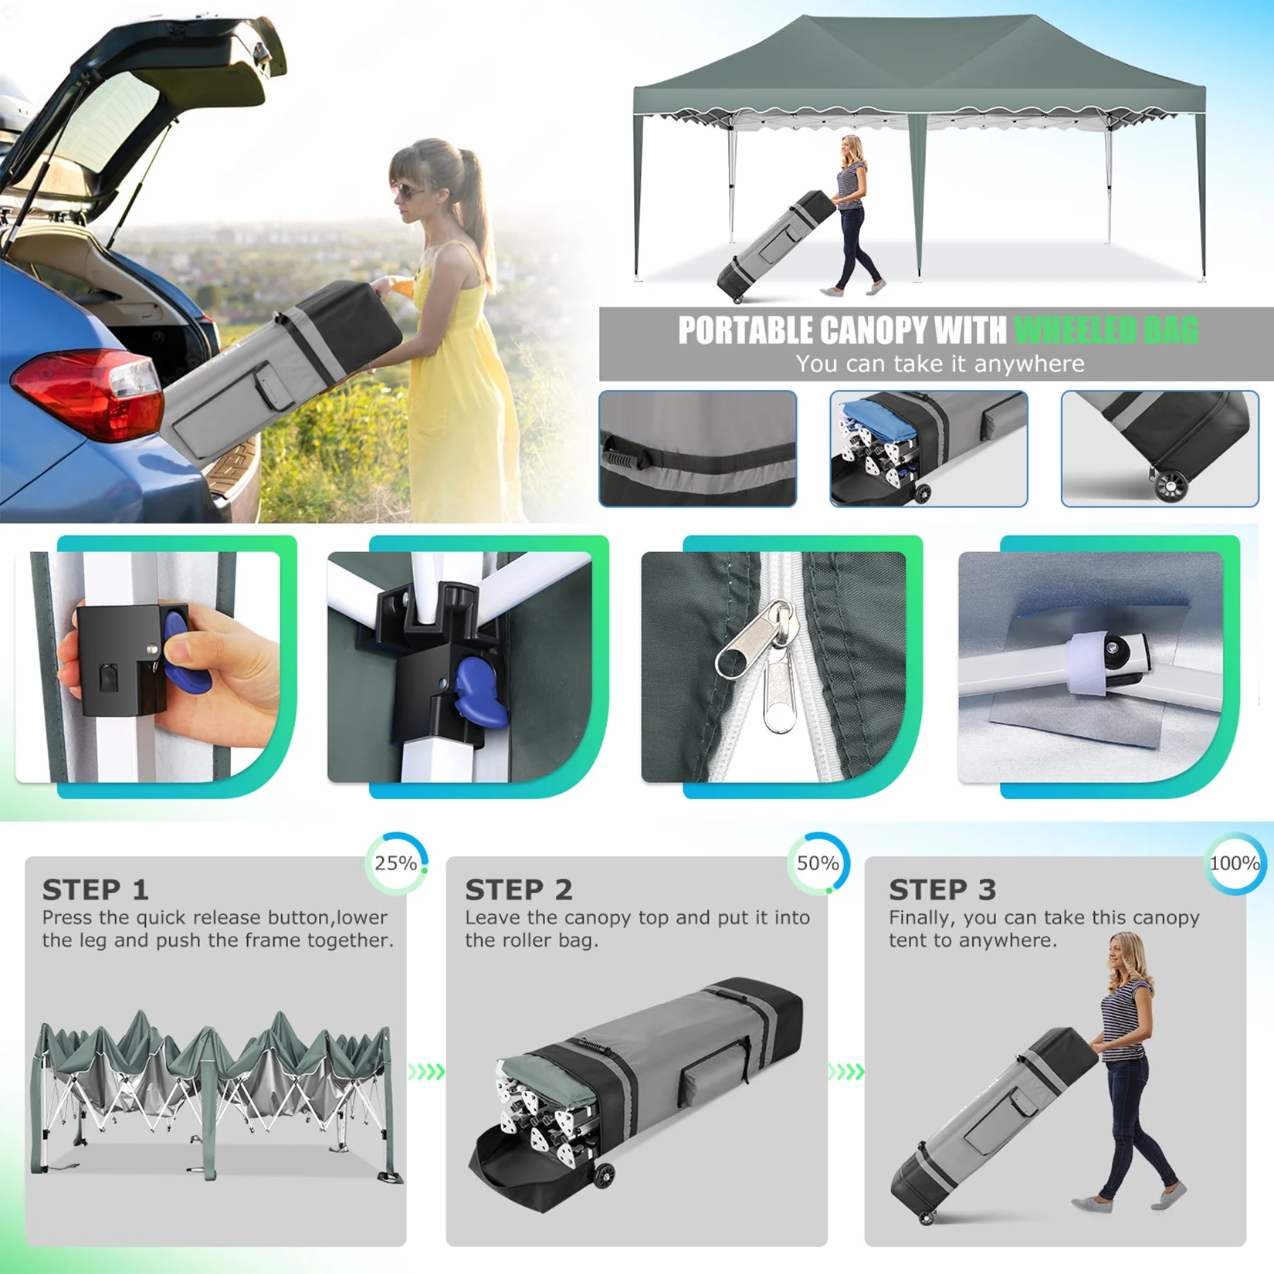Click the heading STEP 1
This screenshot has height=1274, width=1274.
tap(95, 889)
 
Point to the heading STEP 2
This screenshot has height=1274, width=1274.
tap(518, 889)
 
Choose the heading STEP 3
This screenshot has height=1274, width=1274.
tap(942, 889)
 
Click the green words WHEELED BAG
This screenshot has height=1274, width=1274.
tap(1106, 330)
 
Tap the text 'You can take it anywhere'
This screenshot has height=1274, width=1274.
tap(940, 364)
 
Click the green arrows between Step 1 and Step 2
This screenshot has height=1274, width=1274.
tap(426, 1072)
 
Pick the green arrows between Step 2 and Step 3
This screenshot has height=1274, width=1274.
tap(845, 1072)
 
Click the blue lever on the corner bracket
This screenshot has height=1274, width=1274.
tap(480, 689)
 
